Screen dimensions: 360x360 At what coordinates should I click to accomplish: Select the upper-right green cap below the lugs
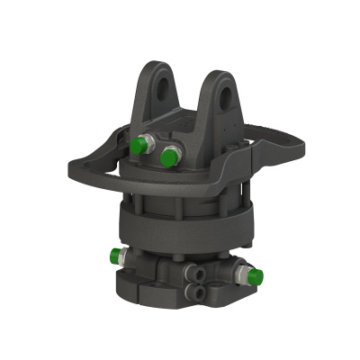pos(168,158)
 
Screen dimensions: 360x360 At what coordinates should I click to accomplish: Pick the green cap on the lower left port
pos(116,256)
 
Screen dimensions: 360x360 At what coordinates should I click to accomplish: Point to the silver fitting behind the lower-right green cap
pos(240,271)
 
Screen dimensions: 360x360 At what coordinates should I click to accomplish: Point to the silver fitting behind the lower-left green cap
pos(129,257)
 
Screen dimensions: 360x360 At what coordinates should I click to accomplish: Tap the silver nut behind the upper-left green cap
pos(149,144)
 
